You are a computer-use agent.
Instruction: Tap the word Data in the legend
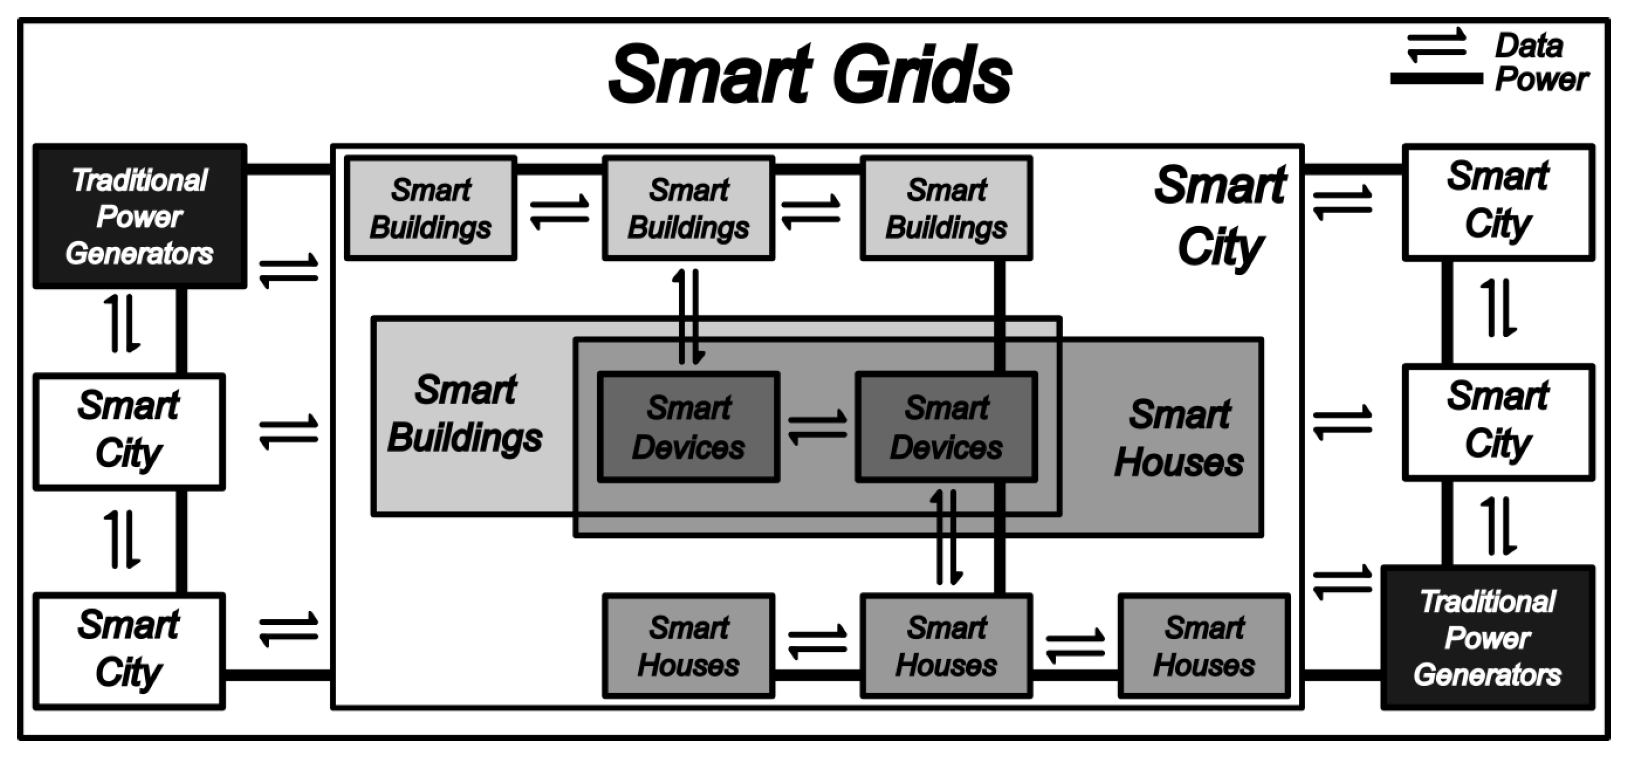click(x=1528, y=46)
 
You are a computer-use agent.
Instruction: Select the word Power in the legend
click(x=1541, y=80)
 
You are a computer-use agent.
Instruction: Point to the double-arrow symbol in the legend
click(x=1436, y=45)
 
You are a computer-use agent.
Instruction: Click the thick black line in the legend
click(x=1436, y=79)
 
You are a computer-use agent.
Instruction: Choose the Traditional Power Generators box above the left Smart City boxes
click(x=140, y=216)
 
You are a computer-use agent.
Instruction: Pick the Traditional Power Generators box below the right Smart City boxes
click(x=1488, y=637)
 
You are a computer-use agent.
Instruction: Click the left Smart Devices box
click(x=689, y=427)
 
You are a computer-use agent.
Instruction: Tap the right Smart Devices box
click(x=946, y=427)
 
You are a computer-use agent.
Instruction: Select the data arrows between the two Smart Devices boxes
click(x=817, y=427)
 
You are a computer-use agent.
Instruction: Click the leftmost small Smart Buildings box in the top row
click(x=431, y=208)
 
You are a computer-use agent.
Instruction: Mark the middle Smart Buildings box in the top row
click(x=688, y=208)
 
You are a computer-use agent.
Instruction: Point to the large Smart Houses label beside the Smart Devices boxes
click(x=1179, y=438)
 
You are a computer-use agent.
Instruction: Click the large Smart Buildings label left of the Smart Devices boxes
click(x=466, y=414)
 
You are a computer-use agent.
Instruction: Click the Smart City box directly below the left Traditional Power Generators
click(x=129, y=432)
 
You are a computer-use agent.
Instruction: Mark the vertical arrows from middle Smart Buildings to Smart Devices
click(x=688, y=316)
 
